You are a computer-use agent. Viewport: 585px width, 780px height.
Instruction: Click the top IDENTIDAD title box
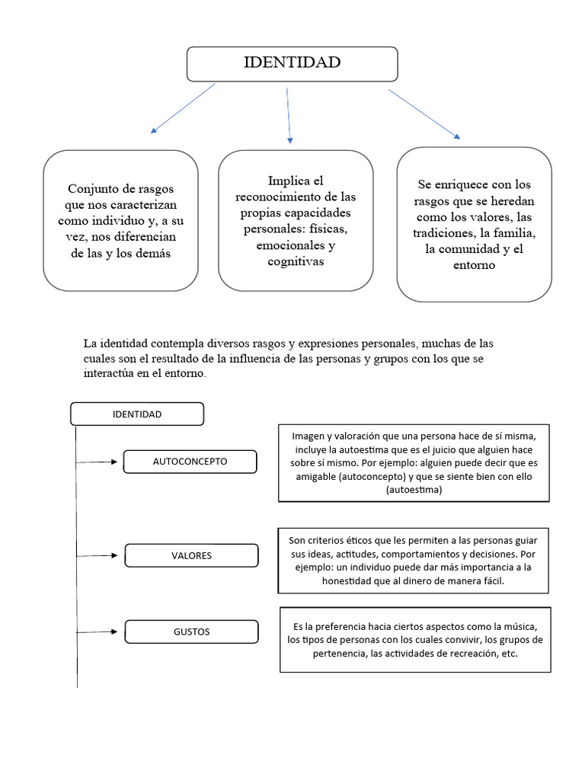pyautogui.click(x=292, y=63)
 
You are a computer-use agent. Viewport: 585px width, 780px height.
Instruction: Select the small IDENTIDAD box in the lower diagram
pyautogui.click(x=137, y=414)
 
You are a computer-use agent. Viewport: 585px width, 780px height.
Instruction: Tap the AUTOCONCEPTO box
pyautogui.click(x=190, y=462)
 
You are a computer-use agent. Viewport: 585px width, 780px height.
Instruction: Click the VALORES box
pyautogui.click(x=191, y=555)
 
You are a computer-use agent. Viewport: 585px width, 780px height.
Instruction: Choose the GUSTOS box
pyautogui.click(x=191, y=631)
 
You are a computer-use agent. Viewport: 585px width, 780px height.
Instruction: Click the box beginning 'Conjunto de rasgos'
pyautogui.click(x=120, y=220)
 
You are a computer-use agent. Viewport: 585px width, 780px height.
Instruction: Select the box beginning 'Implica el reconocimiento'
pyautogui.click(x=296, y=220)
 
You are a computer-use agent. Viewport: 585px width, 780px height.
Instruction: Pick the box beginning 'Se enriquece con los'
pyautogui.click(x=474, y=224)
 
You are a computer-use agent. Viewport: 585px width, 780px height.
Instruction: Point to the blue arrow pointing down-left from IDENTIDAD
pyautogui.click(x=183, y=108)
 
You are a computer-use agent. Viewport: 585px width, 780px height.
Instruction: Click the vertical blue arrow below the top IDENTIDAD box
pyautogui.click(x=289, y=114)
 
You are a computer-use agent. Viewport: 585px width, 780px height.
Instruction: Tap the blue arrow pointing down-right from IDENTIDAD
pyautogui.click(x=424, y=113)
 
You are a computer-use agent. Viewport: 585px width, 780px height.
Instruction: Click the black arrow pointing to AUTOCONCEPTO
pyautogui.click(x=100, y=462)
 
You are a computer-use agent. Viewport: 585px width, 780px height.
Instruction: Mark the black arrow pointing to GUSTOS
pyautogui.click(x=100, y=631)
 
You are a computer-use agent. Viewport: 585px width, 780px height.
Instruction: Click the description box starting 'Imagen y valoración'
pyautogui.click(x=414, y=463)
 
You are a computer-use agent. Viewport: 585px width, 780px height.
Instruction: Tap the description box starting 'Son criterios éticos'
pyautogui.click(x=414, y=560)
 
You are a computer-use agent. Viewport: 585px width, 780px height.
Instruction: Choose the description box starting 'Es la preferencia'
pyautogui.click(x=415, y=639)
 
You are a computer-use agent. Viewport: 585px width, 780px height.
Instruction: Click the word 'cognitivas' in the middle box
pyautogui.click(x=296, y=261)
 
